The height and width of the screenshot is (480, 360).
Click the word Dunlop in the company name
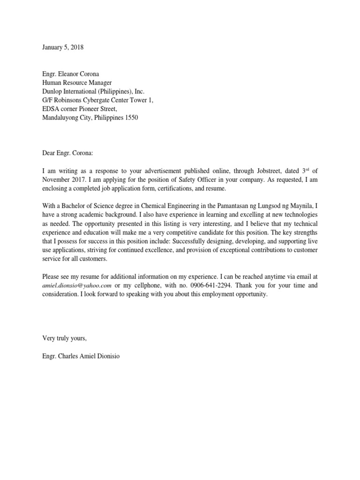pos(52,91)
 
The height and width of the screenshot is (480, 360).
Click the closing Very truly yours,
pos(65,338)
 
